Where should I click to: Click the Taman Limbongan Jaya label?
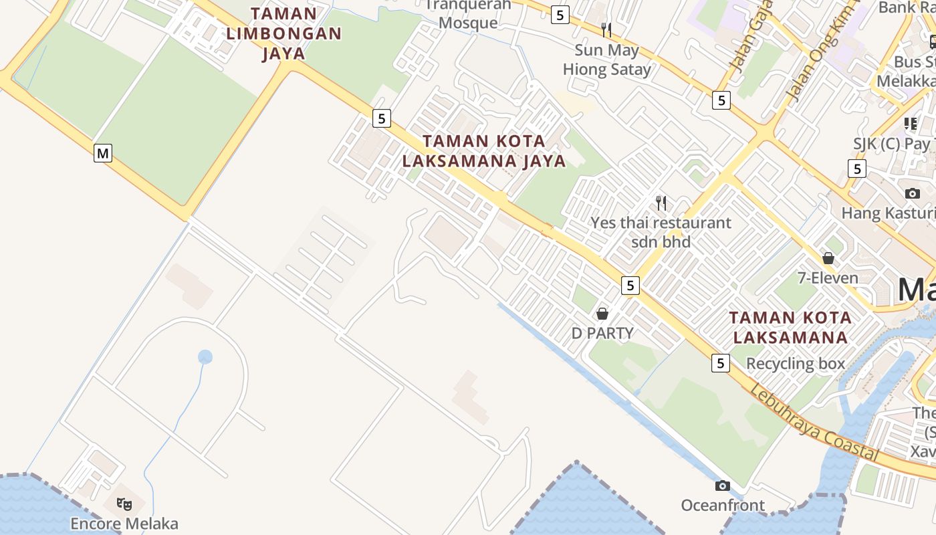click(283, 33)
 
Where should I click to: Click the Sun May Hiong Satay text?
click(606, 60)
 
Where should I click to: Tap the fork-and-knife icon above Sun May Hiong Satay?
click(606, 29)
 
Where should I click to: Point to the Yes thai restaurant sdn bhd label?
click(661, 231)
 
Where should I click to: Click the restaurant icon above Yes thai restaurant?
click(661, 203)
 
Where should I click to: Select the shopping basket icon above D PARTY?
click(602, 313)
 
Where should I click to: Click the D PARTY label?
click(602, 332)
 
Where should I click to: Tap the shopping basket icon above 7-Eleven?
click(828, 257)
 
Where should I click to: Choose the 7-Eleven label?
click(828, 278)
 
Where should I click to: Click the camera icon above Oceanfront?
click(722, 486)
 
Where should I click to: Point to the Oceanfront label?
click(723, 505)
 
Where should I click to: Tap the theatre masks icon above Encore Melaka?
click(124, 504)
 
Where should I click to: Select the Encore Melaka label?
click(124, 523)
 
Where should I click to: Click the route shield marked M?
click(102, 153)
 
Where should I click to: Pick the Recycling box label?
click(796, 364)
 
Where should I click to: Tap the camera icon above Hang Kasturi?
click(912, 194)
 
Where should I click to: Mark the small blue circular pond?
click(205, 357)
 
